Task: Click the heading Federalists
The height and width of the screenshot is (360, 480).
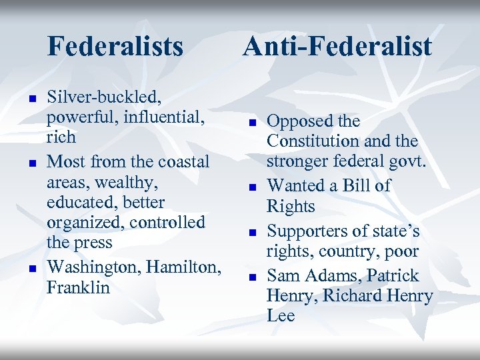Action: (x=115, y=47)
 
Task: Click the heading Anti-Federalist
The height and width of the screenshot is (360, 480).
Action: (x=337, y=47)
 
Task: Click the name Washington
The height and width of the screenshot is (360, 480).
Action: (x=94, y=267)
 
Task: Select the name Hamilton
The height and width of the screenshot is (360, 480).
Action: (x=184, y=267)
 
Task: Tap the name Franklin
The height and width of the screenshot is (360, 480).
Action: (x=78, y=287)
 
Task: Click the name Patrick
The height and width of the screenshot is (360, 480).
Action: (x=386, y=275)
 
